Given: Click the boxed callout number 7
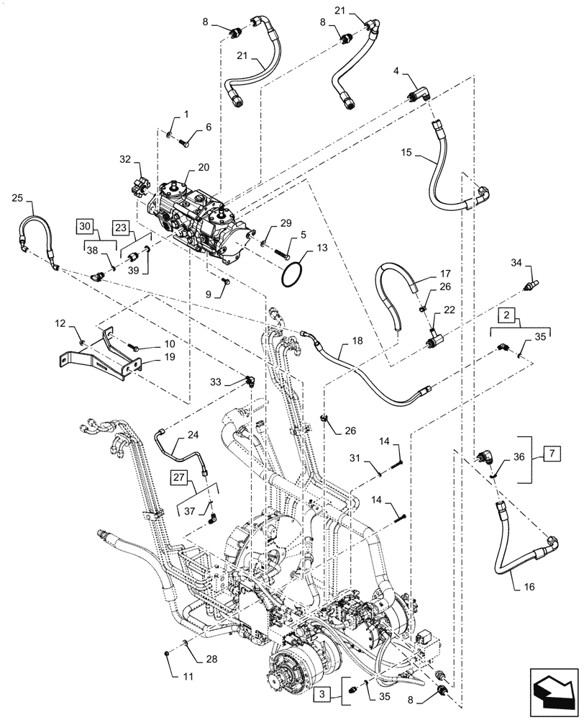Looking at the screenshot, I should (552, 455).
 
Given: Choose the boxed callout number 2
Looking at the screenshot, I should (506, 316).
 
